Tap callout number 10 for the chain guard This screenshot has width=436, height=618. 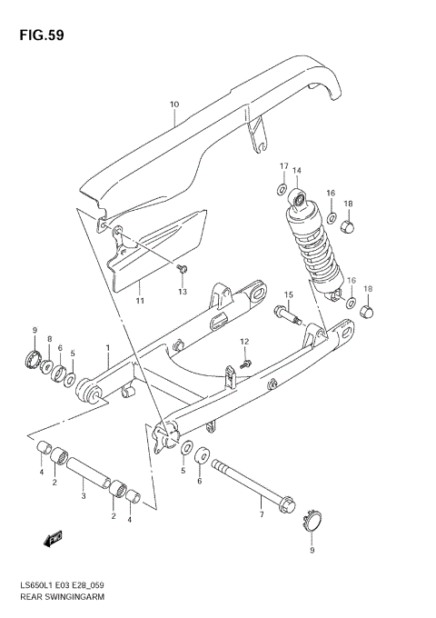click(x=173, y=105)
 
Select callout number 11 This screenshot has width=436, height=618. click(x=140, y=301)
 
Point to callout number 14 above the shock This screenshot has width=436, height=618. click(x=296, y=171)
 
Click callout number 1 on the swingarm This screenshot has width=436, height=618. click(x=106, y=347)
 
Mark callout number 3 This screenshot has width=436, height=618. click(x=83, y=497)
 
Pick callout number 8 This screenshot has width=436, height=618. click(x=49, y=338)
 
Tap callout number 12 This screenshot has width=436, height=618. click(x=244, y=341)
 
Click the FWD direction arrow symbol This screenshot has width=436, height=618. click(x=54, y=539)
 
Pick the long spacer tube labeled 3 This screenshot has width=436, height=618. click(x=91, y=474)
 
